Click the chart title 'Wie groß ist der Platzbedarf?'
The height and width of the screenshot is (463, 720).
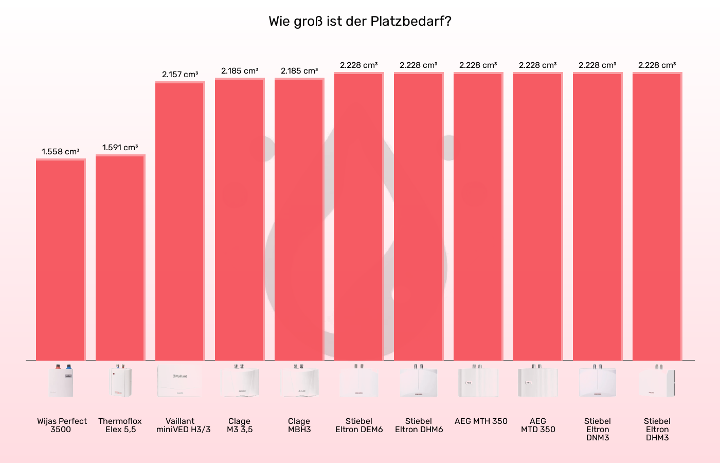point(359,22)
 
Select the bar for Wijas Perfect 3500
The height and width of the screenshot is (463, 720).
point(60,260)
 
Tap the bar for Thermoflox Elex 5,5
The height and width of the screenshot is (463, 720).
point(120,257)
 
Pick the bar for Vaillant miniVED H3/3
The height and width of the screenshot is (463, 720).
point(179,221)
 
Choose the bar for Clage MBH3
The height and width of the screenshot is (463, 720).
point(299,219)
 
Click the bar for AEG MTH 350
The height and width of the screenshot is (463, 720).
point(478,216)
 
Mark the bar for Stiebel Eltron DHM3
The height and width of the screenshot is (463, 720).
point(657,216)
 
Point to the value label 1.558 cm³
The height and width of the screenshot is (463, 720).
point(61,152)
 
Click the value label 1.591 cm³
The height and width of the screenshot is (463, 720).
point(120,148)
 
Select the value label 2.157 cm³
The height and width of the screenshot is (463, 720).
point(180,75)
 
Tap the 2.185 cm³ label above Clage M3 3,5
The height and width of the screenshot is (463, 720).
point(240,71)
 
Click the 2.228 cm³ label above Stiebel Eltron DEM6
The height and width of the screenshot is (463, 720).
point(358,65)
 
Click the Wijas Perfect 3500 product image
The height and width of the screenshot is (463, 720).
point(61,381)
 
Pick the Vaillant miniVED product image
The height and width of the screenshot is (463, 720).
point(179,381)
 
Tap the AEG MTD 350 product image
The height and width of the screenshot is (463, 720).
point(537,381)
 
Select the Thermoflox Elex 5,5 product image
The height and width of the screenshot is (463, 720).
point(120,381)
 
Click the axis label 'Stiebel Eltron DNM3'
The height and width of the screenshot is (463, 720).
point(598,429)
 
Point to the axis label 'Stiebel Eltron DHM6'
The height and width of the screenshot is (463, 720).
point(419,425)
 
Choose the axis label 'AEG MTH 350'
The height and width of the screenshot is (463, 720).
point(481,421)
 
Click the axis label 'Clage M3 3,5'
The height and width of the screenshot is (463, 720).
point(240,425)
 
